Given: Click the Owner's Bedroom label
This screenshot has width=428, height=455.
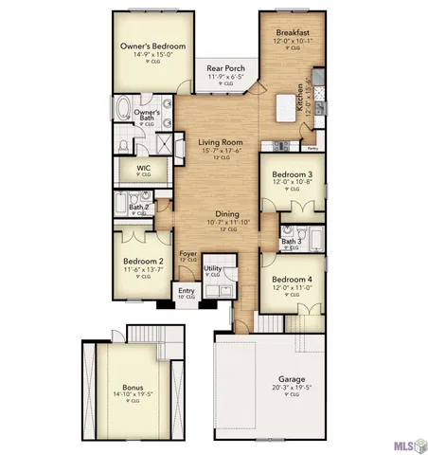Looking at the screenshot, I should click(152, 46).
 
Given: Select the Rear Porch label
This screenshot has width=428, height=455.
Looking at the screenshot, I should click(225, 68).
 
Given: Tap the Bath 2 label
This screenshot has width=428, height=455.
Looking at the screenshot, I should click(138, 207).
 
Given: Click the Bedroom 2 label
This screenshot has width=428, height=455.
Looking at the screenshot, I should click(143, 261).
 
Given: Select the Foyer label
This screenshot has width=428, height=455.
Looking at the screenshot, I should click(188, 253).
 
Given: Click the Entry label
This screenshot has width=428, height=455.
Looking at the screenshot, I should click(185, 291).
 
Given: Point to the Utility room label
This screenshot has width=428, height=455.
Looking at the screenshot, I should click(212, 269).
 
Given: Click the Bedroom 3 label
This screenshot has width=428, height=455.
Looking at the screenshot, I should click(293, 174).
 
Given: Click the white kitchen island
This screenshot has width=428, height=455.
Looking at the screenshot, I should click(283, 107).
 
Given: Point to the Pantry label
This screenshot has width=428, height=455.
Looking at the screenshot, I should click(312, 148).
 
